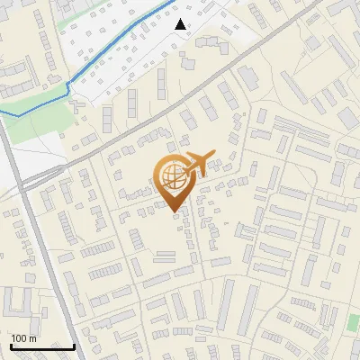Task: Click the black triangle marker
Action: tap(181, 24)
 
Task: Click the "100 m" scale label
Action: tap(23, 338)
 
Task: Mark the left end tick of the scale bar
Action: tap(11, 345)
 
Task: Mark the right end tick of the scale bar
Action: tap(74, 345)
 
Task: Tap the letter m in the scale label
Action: tap(32, 338)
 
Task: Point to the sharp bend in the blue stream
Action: tap(68, 85)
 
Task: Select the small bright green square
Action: tap(353, 321)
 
